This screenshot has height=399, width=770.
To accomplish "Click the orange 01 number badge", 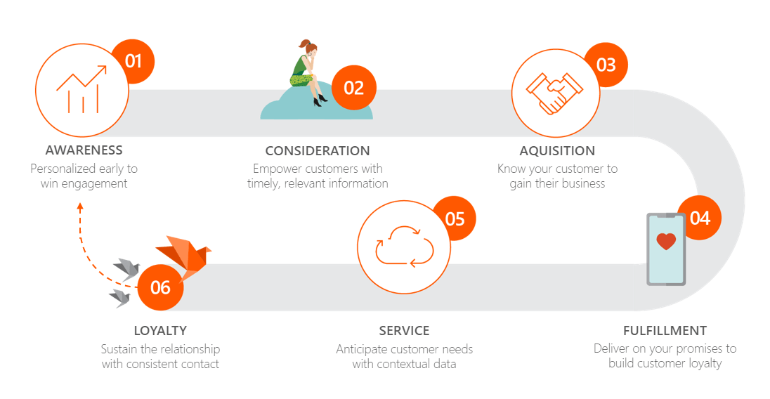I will point(133,60).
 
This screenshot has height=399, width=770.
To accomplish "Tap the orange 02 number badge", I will point(354,88).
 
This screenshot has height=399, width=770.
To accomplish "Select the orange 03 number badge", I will point(606,65).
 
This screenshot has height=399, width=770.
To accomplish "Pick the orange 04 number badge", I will point(700,218).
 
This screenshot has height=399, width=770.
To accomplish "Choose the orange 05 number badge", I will point(455,218).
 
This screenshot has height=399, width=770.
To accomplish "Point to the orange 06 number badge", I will point(160,287).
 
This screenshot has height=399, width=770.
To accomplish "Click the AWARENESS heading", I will point(84,150).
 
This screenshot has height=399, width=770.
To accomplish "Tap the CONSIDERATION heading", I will point(318,151).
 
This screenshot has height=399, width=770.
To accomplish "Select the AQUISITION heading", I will point(557,151).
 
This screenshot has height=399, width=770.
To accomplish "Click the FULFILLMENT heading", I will point(665,331).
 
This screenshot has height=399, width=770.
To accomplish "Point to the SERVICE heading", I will point(404,331).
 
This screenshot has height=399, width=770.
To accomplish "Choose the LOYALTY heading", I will point(160,331).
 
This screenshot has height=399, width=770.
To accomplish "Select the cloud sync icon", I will point(404,247).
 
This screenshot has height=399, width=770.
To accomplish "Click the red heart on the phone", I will point(665,242).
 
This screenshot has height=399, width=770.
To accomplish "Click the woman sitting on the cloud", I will point(308,70).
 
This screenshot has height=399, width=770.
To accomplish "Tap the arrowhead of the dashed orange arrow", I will point(80,207).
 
